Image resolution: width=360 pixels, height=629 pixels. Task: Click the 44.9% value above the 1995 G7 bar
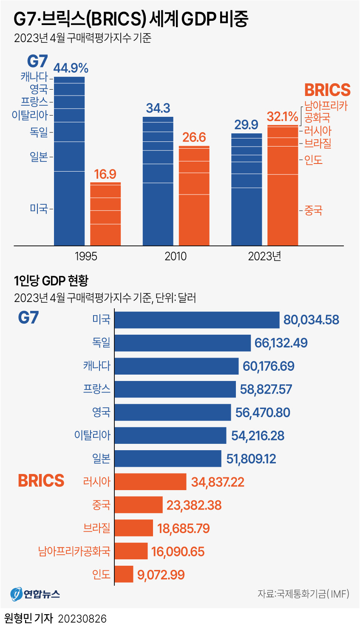coord(71,68)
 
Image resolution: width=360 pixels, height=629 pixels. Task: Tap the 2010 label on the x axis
coord(176,256)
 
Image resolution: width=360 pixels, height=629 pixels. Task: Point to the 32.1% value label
coord(283,116)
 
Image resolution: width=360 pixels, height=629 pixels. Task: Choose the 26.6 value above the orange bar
coord(194,137)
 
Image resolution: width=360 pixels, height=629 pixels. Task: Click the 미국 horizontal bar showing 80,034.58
coord(197,320)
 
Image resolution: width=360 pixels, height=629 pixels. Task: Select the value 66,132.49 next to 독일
coord(281,343)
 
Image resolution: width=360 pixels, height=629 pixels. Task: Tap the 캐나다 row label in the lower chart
coord(96,366)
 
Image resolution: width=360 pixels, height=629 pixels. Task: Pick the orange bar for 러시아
coord(150,482)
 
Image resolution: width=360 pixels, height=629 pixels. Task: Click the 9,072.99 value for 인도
coord(161,575)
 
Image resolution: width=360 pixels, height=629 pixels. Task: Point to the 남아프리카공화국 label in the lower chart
coord(74,551)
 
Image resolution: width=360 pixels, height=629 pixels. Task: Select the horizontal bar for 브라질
coord(133,528)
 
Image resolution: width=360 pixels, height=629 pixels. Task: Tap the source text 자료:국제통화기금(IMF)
coord(303,593)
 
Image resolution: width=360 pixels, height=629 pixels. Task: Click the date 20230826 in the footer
coord(82,618)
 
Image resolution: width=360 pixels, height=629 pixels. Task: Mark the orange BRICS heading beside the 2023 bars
coord(327,90)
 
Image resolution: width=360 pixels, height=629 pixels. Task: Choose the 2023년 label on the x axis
coord(264,256)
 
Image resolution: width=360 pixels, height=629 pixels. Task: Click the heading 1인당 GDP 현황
coord(51,281)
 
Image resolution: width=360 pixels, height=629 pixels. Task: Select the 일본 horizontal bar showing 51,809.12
coord(168,459)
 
